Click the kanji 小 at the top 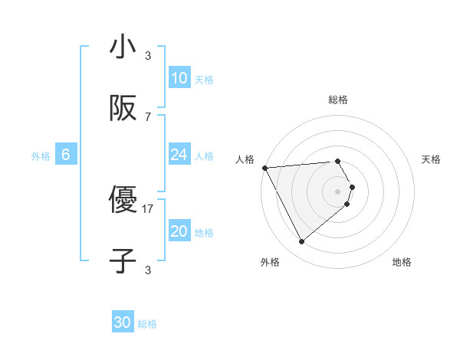(x=123, y=47)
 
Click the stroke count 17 (x=148, y=208)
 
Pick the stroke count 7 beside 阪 (x=148, y=116)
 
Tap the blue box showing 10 (x=179, y=78)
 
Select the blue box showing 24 (x=179, y=155)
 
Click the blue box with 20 (x=179, y=231)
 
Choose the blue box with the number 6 (x=66, y=155)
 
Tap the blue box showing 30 (x=123, y=323)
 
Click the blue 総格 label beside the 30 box (x=148, y=324)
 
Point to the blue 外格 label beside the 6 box (x=41, y=156)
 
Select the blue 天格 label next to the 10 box (x=204, y=80)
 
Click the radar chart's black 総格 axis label (x=338, y=100)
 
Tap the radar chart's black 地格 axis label (x=402, y=262)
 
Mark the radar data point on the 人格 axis (x=264, y=167)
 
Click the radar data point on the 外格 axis (x=301, y=242)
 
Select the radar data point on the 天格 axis (x=352, y=187)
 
